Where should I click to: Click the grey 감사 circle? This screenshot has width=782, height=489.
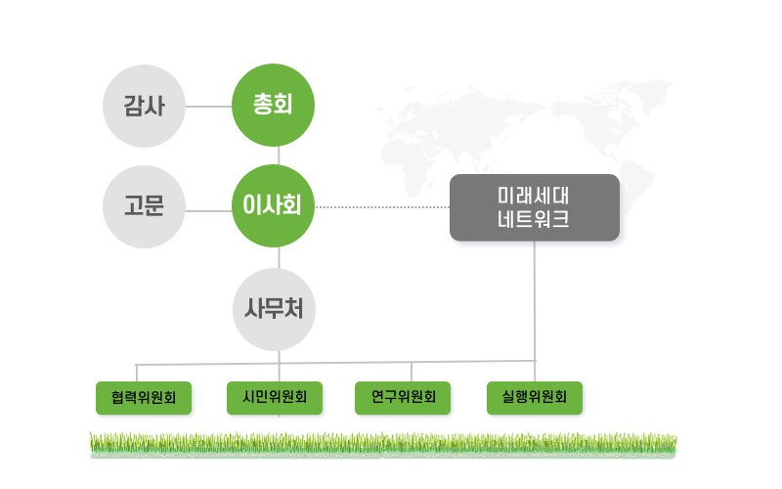point(144,106)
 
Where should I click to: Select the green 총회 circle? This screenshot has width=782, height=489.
point(273,105)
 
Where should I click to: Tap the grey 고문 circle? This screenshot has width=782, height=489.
point(144,206)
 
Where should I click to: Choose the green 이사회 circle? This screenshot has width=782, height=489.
point(273,205)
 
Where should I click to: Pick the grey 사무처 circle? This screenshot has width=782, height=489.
point(274,309)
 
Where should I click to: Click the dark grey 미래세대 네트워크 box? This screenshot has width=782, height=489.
point(535,207)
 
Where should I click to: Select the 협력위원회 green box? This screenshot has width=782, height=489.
point(144,398)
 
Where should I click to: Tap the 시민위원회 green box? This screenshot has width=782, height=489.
point(275,398)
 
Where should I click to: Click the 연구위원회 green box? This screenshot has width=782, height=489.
point(403,398)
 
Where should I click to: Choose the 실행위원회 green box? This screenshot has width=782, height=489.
point(535,398)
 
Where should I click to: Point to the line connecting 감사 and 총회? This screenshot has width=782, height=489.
point(208,107)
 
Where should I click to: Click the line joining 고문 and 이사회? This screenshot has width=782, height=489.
point(208,211)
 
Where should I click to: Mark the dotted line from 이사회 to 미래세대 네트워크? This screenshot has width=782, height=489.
point(382,207)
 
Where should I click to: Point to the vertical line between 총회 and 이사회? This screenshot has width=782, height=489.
point(279,156)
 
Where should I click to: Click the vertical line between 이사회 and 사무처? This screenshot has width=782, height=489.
point(279,258)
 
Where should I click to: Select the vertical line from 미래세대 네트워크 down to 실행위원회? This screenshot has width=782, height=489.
point(535,311)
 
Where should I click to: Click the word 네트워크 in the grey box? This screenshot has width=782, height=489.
point(533,219)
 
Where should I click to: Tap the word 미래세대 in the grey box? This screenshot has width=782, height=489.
point(533,196)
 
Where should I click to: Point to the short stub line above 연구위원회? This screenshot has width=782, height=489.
point(412,372)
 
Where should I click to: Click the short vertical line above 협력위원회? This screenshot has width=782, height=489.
point(137,374)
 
